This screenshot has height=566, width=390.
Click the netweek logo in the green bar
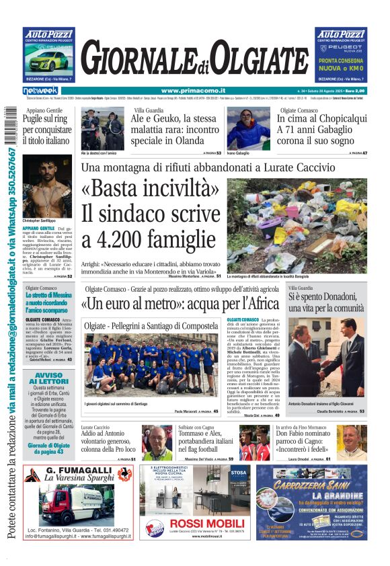coord(40,91)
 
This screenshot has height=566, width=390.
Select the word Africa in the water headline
coord(257,303)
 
